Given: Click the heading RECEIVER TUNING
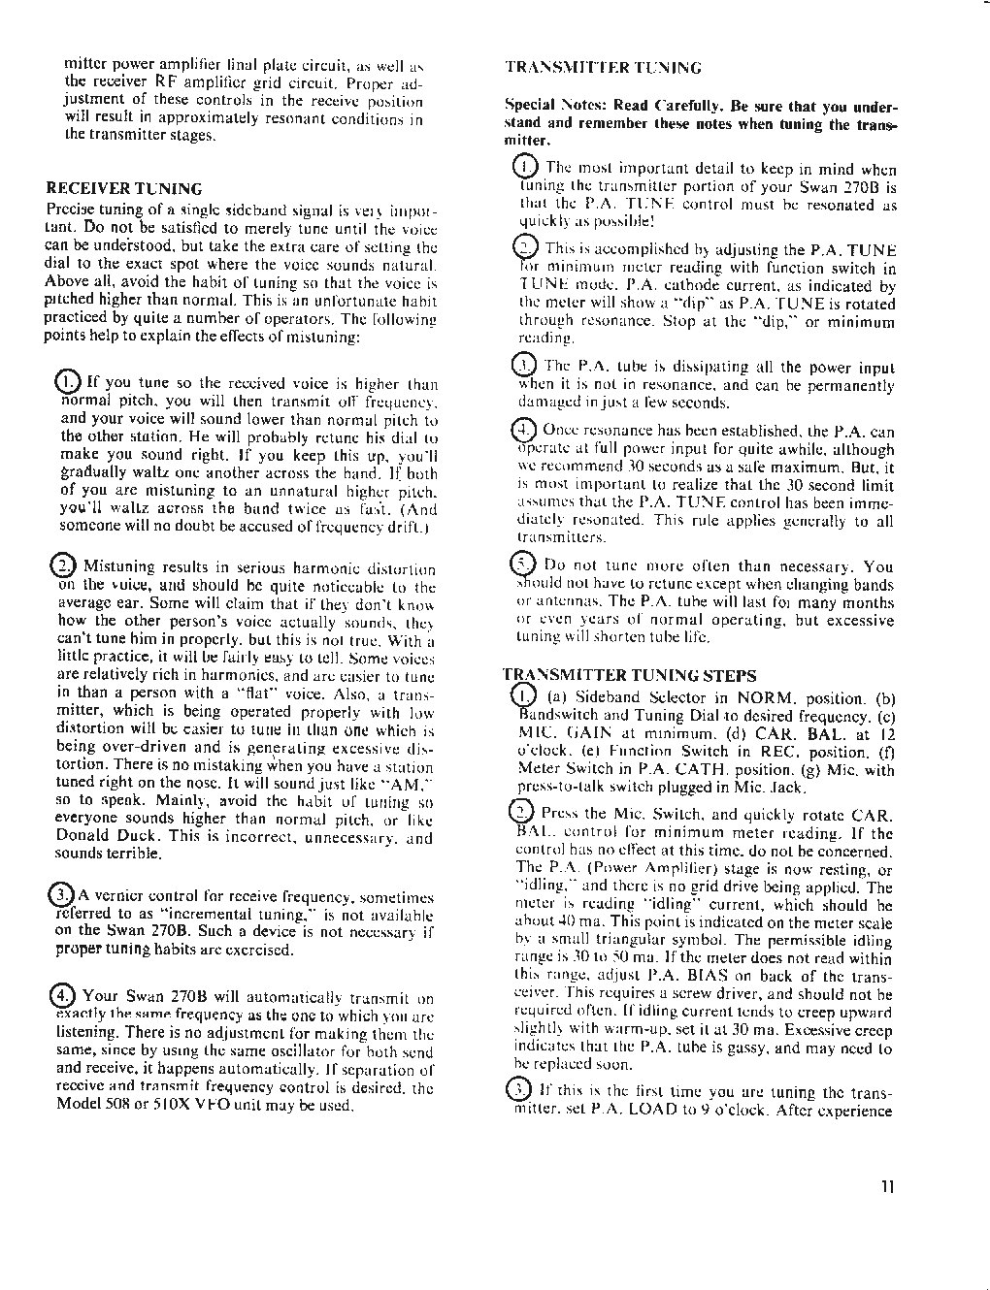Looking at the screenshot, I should [x=124, y=188].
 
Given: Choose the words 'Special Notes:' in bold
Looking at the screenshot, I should [x=546, y=106].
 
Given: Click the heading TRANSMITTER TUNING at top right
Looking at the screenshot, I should [x=603, y=68].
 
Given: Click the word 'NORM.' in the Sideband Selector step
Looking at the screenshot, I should [x=770, y=698].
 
